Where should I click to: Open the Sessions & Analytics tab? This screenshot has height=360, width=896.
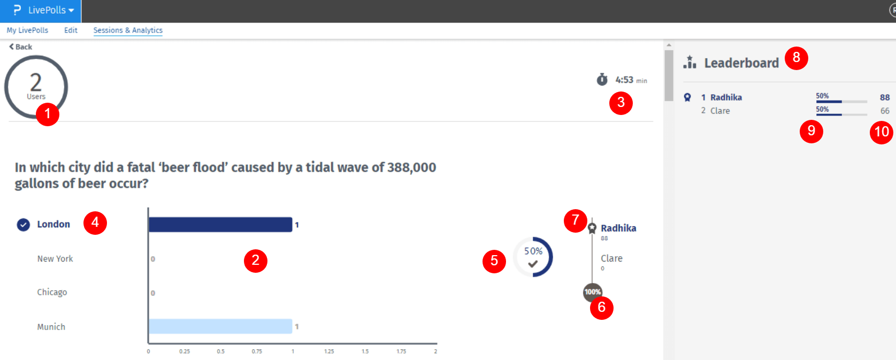128,30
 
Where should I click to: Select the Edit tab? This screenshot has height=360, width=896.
71,30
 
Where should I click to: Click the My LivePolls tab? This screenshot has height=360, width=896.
27,30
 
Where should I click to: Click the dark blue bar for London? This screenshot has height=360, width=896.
220,225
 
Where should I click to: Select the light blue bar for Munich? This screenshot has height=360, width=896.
220,326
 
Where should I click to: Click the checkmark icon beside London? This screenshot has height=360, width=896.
23,225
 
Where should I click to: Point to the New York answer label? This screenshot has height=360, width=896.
55,259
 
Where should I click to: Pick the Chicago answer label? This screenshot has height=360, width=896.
52,292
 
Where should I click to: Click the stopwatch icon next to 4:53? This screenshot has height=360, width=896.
602,80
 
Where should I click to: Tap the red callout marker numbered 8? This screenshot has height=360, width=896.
796,58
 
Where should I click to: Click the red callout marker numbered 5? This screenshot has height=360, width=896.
494,261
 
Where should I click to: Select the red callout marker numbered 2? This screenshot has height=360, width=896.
255,261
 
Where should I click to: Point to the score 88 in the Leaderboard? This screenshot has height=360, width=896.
885,97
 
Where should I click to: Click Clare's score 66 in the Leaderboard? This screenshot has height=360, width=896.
885,111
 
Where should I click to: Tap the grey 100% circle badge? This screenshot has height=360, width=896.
592,292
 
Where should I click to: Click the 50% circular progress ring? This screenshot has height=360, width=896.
533,257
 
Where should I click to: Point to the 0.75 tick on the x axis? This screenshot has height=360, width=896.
257,351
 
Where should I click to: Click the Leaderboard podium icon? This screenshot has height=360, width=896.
690,63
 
